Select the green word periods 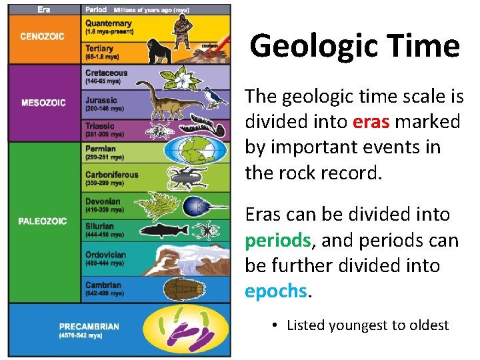click(277, 240)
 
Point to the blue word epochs click(276, 291)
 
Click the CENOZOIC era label click(42, 37)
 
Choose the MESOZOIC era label click(43, 103)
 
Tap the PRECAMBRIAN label click(89, 327)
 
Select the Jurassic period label click(101, 100)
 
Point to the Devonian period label click(103, 201)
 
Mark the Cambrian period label click(103, 285)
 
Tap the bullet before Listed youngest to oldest click(275, 325)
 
